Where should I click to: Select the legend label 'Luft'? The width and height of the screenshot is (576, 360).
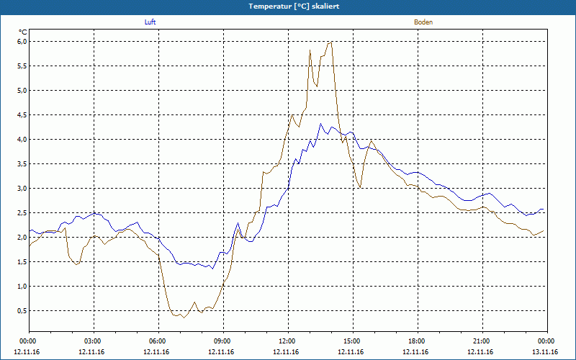(x=150, y=22)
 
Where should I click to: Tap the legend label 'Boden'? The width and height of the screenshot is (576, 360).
(x=423, y=22)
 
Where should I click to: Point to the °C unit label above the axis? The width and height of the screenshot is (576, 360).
(x=22, y=32)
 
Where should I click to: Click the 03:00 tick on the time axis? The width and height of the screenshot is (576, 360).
(x=93, y=341)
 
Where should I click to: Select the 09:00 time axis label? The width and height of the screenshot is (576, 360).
(x=222, y=341)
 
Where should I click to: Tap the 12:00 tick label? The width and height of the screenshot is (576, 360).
(x=287, y=341)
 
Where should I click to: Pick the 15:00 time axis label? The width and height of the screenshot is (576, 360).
(x=352, y=341)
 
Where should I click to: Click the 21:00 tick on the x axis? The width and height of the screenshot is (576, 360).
(x=482, y=341)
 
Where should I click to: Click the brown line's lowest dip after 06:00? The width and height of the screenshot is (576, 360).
(x=184, y=318)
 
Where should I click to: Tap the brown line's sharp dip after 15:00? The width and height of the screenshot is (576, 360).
(x=360, y=187)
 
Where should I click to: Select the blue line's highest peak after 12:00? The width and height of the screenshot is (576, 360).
(x=323, y=124)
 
